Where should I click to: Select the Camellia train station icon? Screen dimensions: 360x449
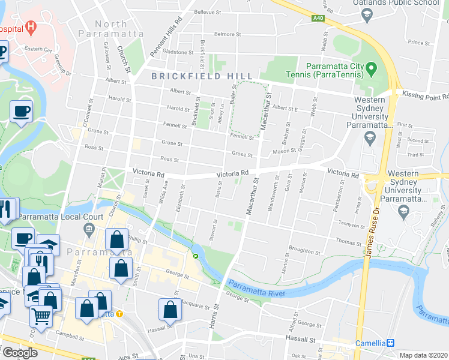tap(391, 343)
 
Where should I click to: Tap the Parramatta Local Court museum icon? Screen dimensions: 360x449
tap(89, 228)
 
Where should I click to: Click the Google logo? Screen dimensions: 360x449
tap(20, 353)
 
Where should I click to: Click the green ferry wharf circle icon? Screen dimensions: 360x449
tap(195, 256)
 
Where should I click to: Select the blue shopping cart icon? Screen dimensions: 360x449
tap(40, 315)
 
